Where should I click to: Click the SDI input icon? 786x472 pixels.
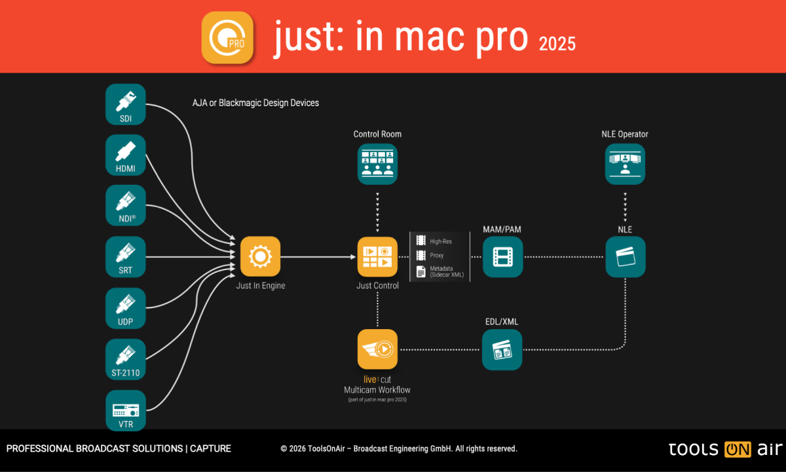point(125,104)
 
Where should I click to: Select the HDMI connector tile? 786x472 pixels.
point(125,155)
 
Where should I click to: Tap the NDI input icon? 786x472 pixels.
point(125,205)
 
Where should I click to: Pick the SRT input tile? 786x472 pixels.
point(125,256)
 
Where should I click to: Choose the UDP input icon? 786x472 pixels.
point(125,307)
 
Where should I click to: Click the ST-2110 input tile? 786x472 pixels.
point(125,359)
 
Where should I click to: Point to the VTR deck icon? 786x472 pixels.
point(125,410)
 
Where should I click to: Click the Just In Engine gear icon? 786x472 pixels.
point(260,256)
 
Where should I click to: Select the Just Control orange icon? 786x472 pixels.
point(377,256)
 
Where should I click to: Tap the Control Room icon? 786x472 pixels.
point(377,164)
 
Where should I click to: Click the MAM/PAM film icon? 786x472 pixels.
point(502,256)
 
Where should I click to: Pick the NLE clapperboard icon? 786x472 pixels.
point(625,256)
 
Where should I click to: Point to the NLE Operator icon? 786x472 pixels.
point(625,164)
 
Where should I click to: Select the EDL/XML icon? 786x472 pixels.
point(502,349)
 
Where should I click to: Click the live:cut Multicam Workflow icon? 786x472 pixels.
point(377,349)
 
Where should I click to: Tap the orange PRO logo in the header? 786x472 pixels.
point(227,37)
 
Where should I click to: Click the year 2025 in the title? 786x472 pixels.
point(557,43)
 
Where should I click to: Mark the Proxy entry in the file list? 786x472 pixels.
point(436,255)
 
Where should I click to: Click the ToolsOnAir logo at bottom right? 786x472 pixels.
point(725,449)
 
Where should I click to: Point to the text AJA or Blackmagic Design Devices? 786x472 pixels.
point(255,103)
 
